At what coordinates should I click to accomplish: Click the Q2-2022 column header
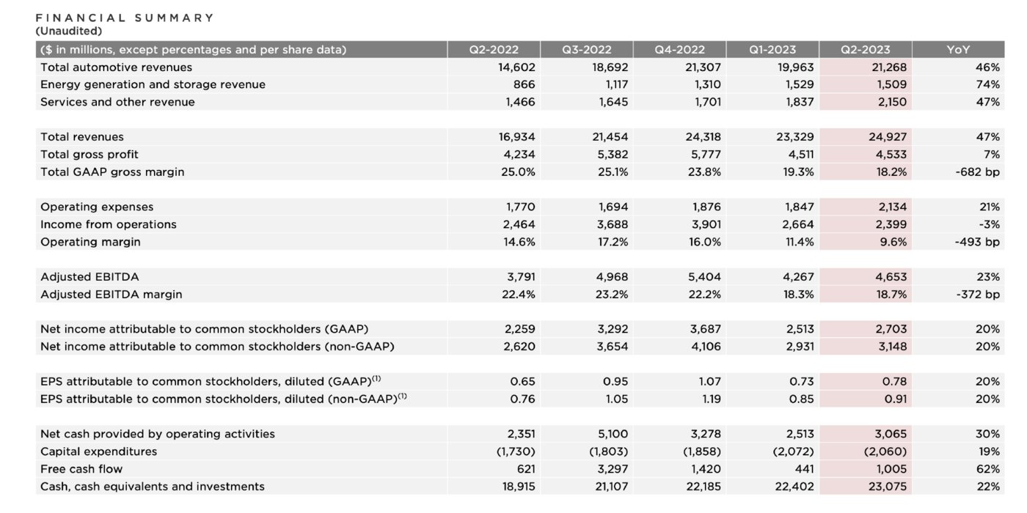(494, 50)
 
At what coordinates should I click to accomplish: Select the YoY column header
(958, 50)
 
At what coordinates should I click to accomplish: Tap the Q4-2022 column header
(680, 50)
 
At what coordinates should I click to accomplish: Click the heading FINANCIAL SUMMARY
(125, 18)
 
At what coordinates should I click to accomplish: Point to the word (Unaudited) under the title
(69, 31)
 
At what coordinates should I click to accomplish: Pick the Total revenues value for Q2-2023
(886, 137)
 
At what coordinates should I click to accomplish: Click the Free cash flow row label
(81, 469)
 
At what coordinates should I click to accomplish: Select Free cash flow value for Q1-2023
(800, 469)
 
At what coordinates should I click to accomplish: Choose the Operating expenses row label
(97, 207)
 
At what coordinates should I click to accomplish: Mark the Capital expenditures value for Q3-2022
(608, 451)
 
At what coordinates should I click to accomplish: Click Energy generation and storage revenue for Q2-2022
(524, 84)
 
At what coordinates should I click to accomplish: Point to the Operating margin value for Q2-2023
(893, 242)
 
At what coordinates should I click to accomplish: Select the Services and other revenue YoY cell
(987, 102)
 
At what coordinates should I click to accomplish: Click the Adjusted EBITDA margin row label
(111, 295)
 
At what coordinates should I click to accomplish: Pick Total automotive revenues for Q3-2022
(610, 67)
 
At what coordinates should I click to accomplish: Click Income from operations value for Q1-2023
(798, 224)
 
